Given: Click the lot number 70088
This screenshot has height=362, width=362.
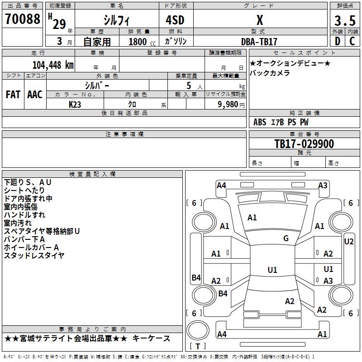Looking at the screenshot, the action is pyautogui.click(x=22, y=19).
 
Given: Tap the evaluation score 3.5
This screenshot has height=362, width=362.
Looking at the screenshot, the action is pyautogui.click(x=345, y=21).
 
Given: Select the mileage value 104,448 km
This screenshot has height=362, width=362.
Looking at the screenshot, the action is pyautogui.click(x=53, y=65).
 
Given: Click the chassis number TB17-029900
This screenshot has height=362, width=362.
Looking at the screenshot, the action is pyautogui.click(x=304, y=144).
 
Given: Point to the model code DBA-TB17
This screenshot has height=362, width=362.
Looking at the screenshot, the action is pyautogui.click(x=259, y=42).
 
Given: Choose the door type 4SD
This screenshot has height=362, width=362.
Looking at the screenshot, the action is pyautogui.click(x=175, y=20).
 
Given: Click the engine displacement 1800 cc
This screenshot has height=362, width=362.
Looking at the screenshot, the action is pyautogui.click(x=142, y=42).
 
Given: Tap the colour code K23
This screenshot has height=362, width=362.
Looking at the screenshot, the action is pyautogui.click(x=75, y=105).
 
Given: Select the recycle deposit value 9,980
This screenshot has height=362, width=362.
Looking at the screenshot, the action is pyautogui.click(x=228, y=105).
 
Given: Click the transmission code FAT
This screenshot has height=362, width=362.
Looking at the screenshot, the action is pyautogui.click(x=13, y=95).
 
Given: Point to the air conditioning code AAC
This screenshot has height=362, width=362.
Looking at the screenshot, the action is pyautogui.click(x=35, y=95).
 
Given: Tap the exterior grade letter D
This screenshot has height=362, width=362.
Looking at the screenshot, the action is pyautogui.click(x=338, y=41).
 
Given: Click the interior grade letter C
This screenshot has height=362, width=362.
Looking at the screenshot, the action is pyautogui.click(x=352, y=41).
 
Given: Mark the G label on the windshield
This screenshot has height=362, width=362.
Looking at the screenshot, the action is pyautogui.click(x=286, y=238).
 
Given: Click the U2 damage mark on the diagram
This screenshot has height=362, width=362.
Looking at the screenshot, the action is pyautogui.click(x=349, y=242).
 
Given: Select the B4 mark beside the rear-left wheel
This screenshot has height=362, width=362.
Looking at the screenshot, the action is pyautogui.click(x=223, y=293).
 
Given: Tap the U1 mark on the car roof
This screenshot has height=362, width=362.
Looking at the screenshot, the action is pyautogui.click(x=272, y=270).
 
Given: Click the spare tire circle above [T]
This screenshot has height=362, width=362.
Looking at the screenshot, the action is pyautogui.click(x=198, y=330).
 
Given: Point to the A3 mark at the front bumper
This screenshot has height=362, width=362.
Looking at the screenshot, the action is pyautogui.click(x=323, y=186).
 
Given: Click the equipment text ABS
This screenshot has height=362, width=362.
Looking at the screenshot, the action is pyautogui.click(x=260, y=122).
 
